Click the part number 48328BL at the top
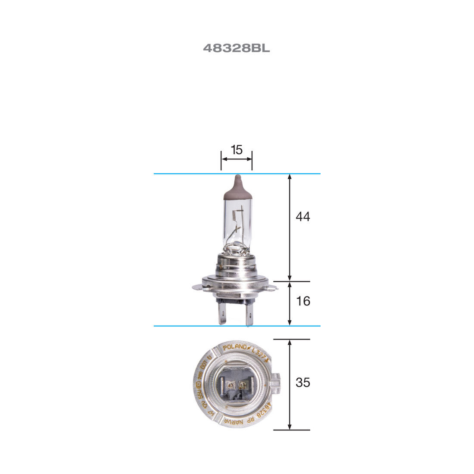236,48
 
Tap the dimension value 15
237,150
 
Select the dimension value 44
302,216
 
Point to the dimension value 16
303,301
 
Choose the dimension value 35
302,382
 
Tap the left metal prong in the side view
222,314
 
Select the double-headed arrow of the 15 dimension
236,159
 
